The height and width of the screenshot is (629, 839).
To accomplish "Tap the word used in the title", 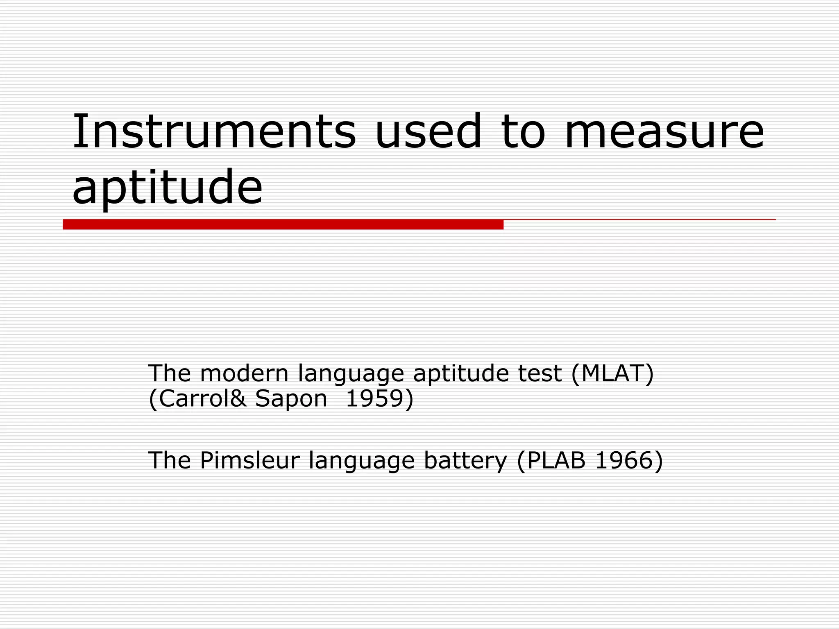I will tap(428, 131).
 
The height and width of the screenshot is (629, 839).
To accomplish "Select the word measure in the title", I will tap(664, 131).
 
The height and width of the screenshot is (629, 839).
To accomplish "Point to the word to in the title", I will tap(523, 131).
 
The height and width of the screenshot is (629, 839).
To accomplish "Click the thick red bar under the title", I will tap(283, 224).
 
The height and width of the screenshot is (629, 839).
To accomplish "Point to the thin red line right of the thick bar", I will tap(639, 220).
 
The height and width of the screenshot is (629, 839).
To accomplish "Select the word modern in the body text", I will tap(245, 373).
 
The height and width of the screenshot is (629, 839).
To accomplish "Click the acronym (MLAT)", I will tap(612, 373).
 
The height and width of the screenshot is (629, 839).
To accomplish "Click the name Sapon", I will tap(291, 398).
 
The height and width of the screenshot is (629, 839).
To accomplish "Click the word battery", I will tap(465, 461).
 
